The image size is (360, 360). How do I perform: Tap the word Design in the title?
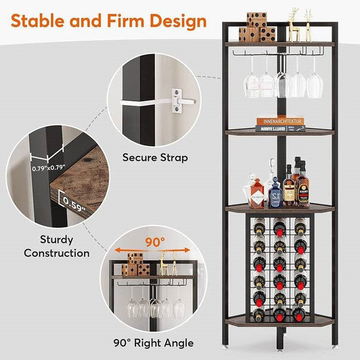point(177,22)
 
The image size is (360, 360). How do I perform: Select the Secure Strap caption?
point(155,158)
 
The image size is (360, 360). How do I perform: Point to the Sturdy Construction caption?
point(56,245)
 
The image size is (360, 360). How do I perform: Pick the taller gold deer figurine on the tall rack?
point(293,24)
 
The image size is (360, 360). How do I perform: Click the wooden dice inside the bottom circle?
point(135,265)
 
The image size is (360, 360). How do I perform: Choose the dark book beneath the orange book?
point(280,127)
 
